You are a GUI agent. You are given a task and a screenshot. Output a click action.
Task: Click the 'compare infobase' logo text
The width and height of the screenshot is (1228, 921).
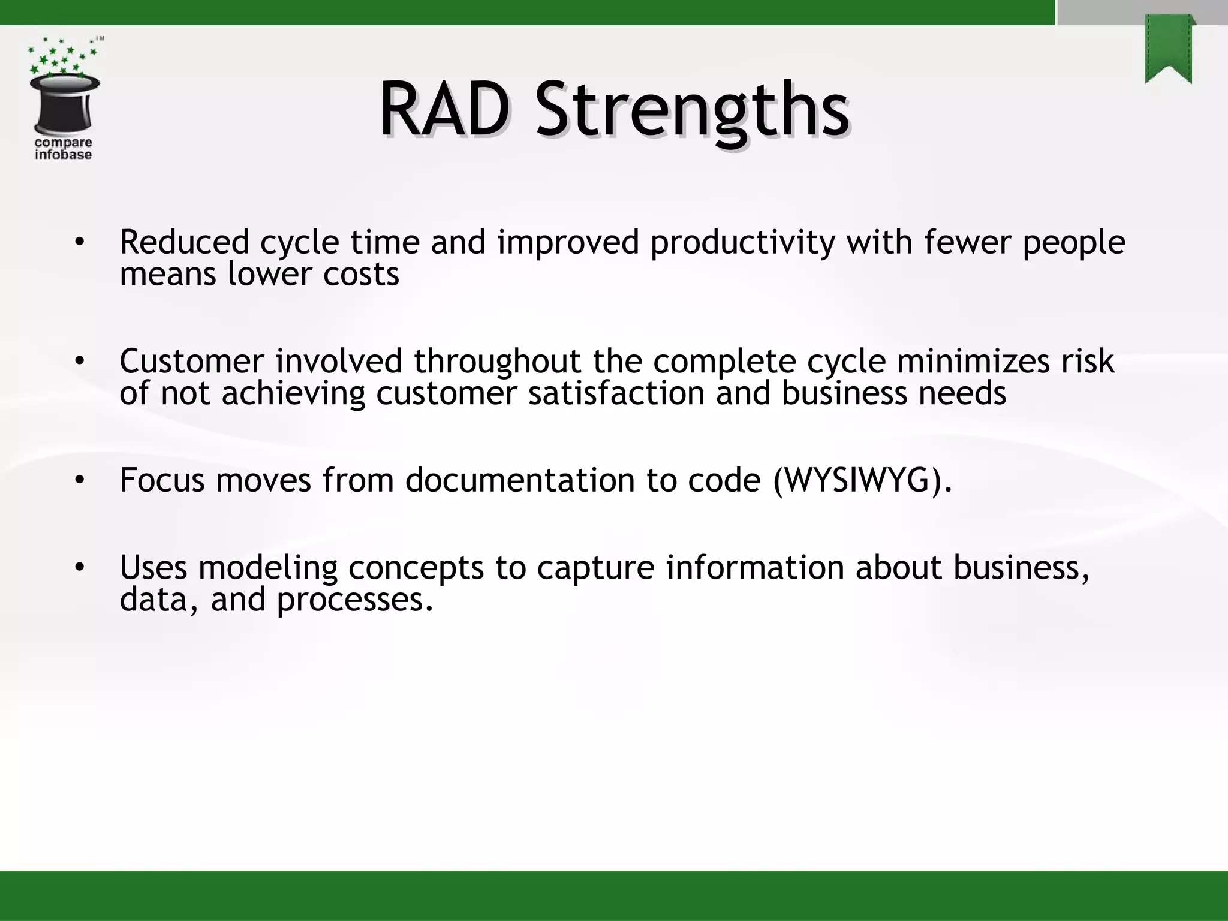pyautogui.click(x=63, y=149)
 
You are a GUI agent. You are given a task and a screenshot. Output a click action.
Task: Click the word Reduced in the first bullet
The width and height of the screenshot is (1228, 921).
pyautogui.click(x=184, y=242)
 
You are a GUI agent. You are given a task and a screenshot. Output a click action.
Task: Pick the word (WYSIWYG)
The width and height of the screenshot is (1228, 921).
pyautogui.click(x=862, y=481)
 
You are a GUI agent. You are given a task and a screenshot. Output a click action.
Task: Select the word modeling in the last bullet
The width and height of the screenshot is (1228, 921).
pyautogui.click(x=268, y=568)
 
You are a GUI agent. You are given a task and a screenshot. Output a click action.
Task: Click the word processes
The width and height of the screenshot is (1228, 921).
pyautogui.click(x=354, y=600)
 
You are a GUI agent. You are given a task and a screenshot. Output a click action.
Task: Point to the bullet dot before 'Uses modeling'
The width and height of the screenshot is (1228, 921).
pyautogui.click(x=80, y=567)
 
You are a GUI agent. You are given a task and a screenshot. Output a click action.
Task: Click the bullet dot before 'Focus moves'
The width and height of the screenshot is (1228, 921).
pyautogui.click(x=80, y=480)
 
